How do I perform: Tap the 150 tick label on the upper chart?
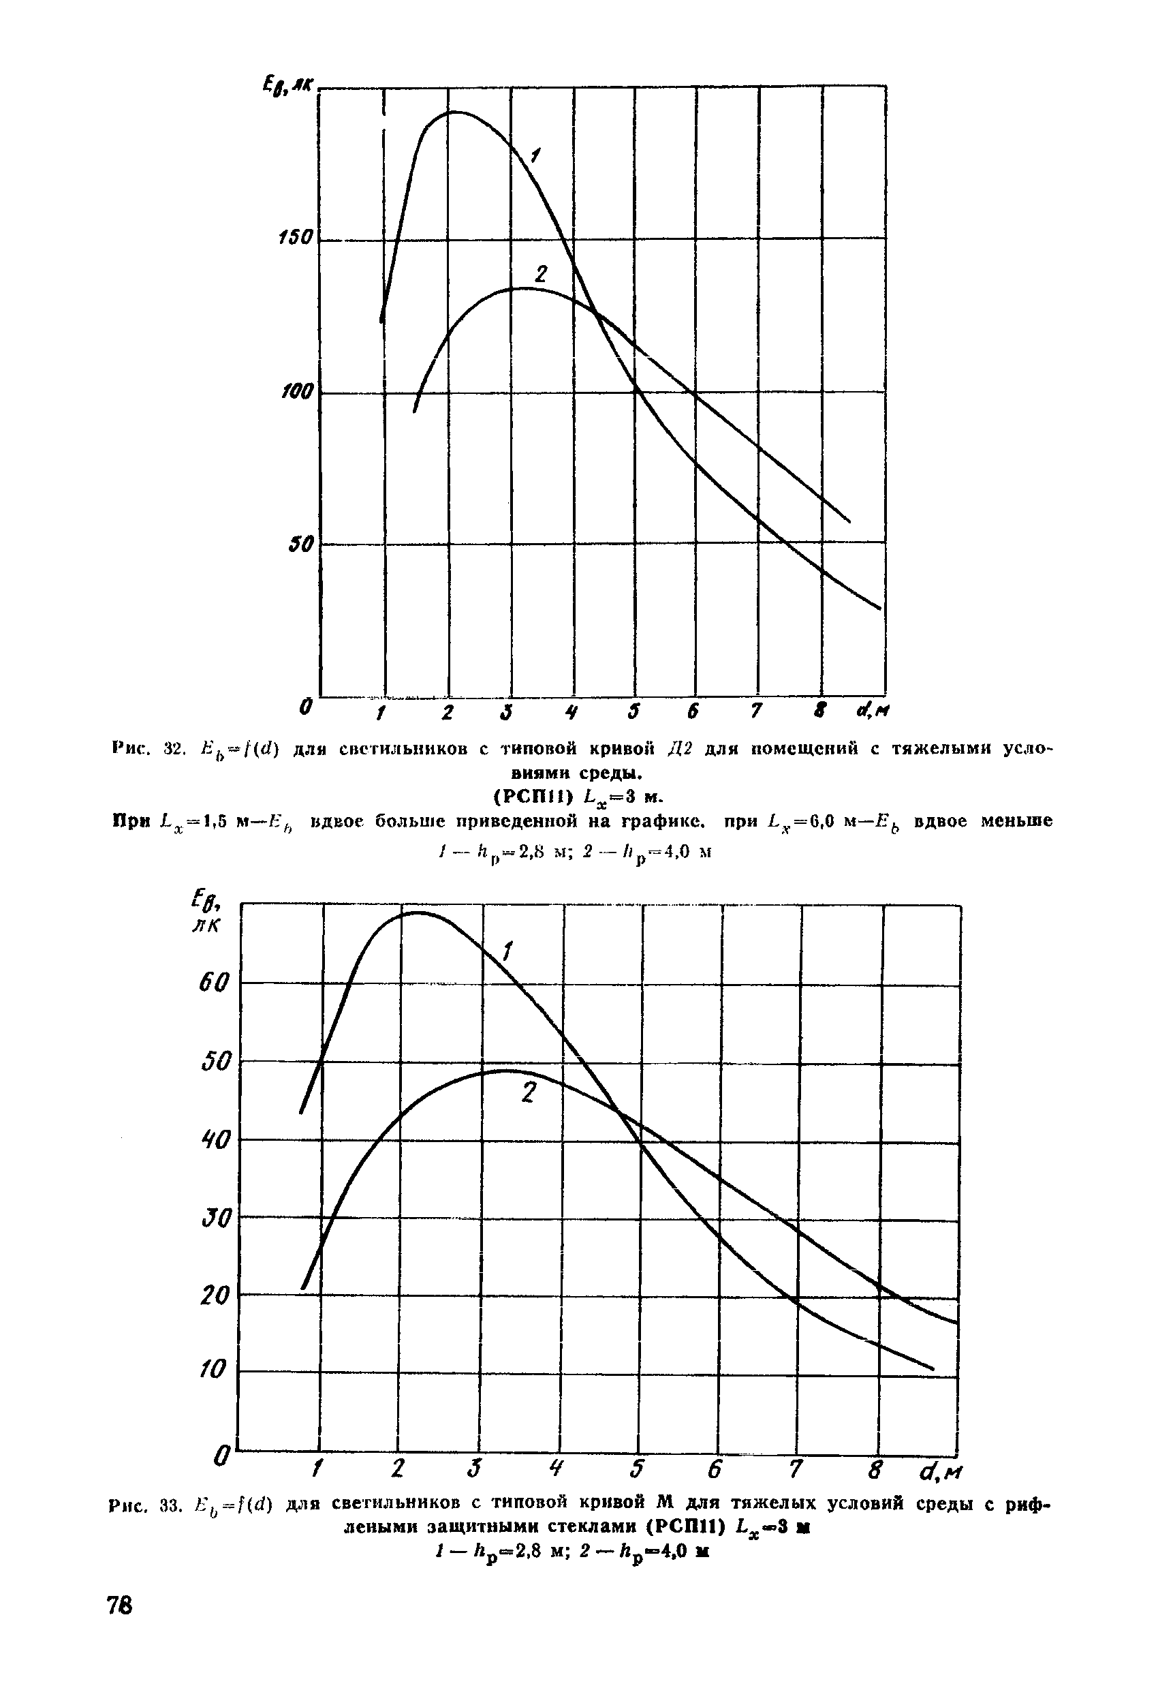coord(296,239)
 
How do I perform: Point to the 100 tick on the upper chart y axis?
coord(296,392)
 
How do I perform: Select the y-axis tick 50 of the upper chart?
coord(300,543)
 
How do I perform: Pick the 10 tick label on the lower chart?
coord(215,1370)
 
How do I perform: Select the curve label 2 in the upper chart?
coord(540,275)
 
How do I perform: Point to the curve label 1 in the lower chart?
coord(507,951)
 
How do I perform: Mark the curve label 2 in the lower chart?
coord(529,1093)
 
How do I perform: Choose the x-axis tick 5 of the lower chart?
coord(638,1469)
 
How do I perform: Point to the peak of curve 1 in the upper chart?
coord(454,112)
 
